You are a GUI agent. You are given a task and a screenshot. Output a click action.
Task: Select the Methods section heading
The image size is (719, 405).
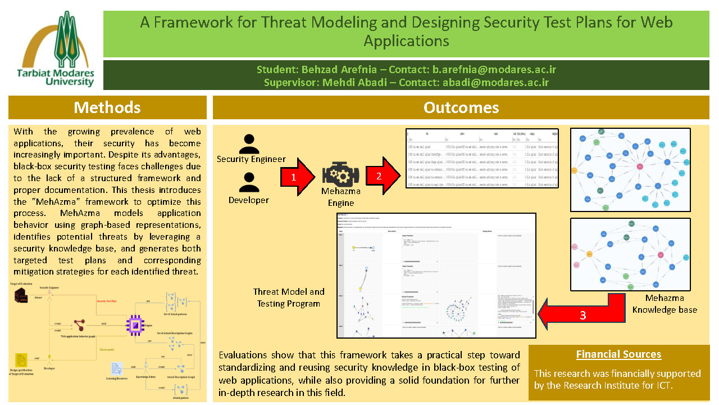107,107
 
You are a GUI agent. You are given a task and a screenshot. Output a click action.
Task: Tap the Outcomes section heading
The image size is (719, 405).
461,107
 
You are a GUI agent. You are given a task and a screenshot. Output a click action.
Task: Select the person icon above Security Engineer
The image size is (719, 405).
249,143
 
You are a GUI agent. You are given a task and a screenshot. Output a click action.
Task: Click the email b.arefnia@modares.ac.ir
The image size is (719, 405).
494,70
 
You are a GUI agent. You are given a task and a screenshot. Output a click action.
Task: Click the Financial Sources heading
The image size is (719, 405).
618,354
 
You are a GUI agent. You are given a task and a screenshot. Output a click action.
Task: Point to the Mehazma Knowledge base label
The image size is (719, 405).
665,304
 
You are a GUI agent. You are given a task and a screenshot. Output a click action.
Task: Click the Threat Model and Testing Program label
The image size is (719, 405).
289,298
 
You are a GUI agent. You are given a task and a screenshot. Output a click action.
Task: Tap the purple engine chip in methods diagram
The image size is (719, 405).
135,325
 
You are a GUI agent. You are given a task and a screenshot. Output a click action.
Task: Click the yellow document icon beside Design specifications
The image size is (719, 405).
21,361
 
